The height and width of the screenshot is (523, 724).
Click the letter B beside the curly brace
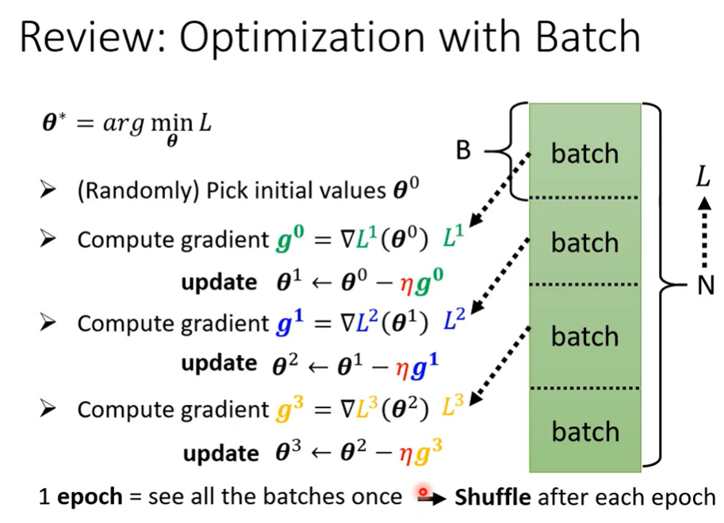pos(463,150)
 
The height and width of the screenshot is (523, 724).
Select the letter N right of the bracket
pos(706,284)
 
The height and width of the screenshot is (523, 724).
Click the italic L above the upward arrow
pos(703,176)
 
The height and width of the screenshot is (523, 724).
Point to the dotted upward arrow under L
pos(704,233)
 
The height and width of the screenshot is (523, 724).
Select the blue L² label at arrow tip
pos(454,319)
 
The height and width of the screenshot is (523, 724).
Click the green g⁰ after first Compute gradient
pos(290,239)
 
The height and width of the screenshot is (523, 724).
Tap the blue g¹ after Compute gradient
pos(290,323)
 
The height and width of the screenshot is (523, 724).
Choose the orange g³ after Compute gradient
pos(290,409)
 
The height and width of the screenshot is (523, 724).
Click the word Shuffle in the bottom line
pos(492,497)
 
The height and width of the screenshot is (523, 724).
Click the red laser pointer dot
pos(423,492)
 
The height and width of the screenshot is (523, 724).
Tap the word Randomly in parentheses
pos(138,191)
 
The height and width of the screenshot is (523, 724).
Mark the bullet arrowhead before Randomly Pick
pos(48,189)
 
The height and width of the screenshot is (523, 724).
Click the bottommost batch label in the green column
pos(585,431)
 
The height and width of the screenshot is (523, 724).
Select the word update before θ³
pos(220,452)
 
